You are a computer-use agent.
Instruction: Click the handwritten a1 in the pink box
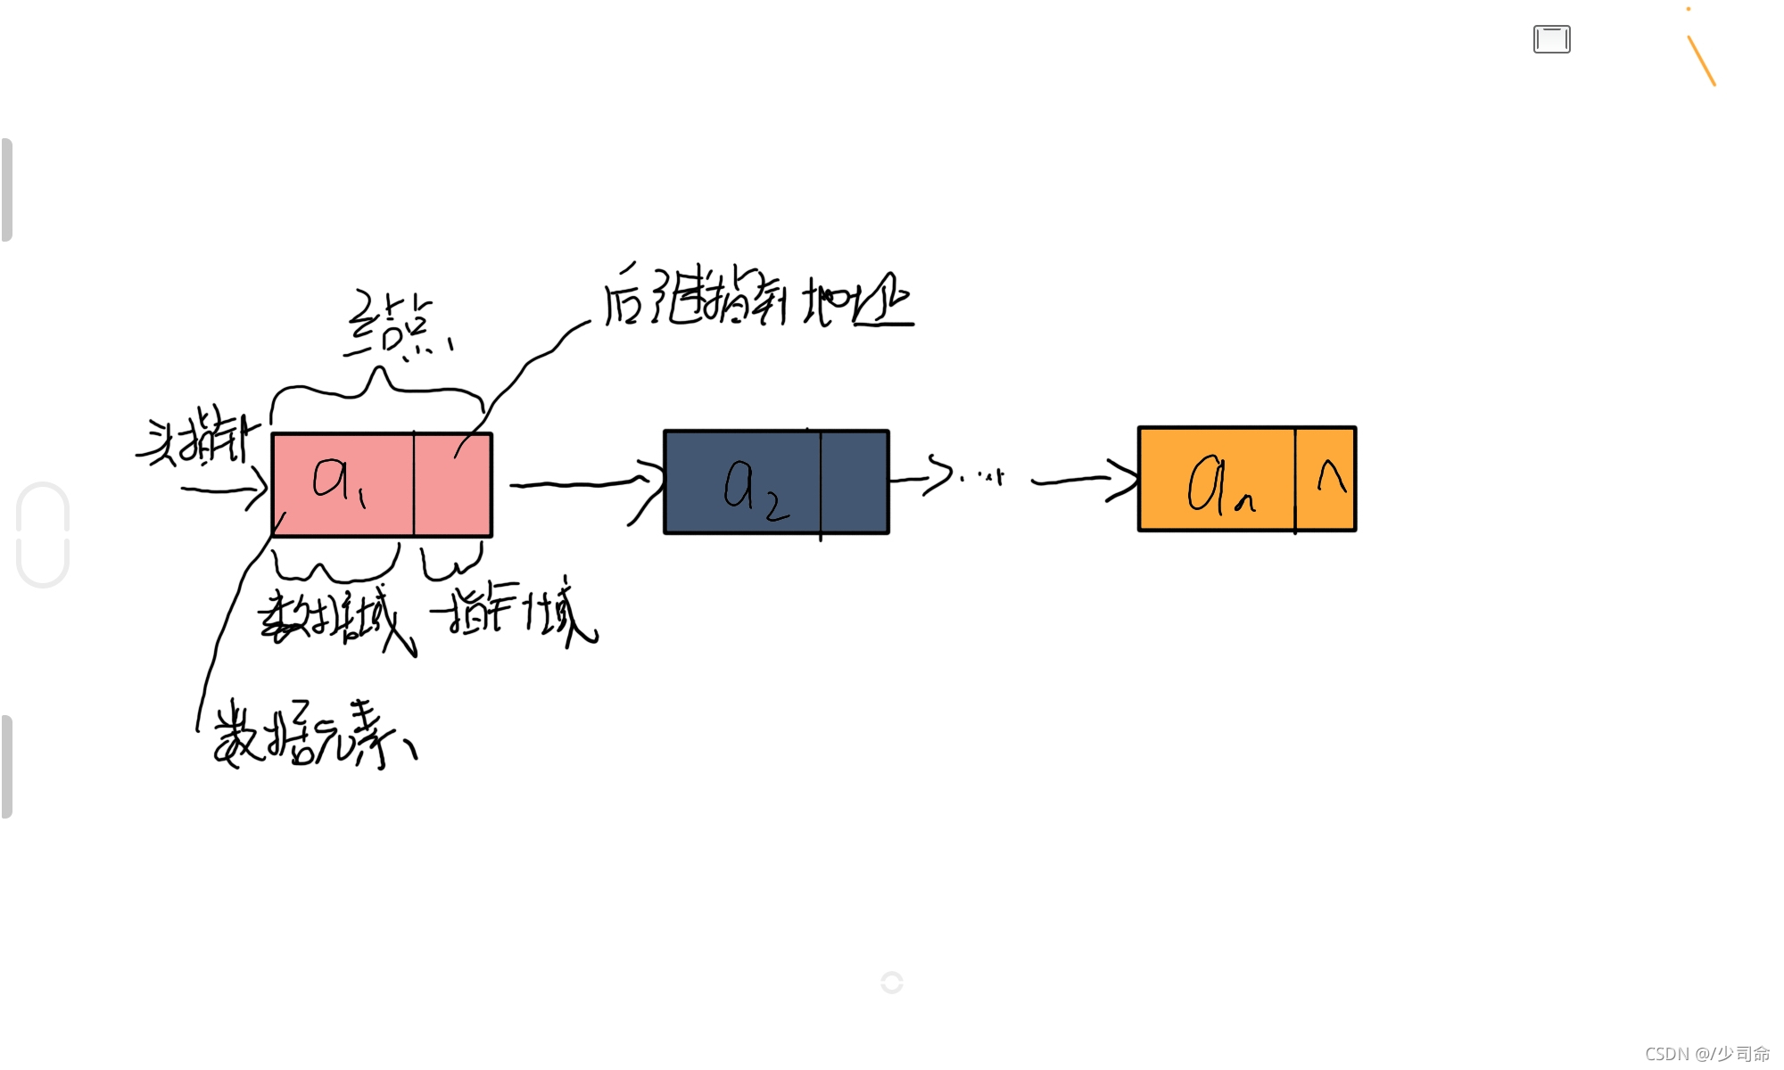point(337,481)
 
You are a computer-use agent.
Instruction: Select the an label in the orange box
point(1218,484)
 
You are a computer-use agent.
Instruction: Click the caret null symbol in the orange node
point(1331,477)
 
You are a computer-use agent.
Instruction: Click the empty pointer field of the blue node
point(855,482)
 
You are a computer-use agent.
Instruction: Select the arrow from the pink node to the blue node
point(584,484)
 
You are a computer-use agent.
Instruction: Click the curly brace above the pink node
point(378,389)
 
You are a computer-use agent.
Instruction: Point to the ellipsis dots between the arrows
point(981,477)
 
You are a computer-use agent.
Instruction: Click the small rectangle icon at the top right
point(1551,40)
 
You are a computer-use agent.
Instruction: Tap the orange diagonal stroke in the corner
point(1701,61)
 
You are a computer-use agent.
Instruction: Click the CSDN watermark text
point(1706,1054)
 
